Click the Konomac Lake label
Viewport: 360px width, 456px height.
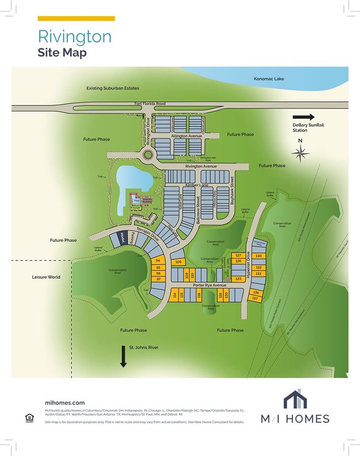coord(269,79)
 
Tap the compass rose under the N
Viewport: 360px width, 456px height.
coord(300,153)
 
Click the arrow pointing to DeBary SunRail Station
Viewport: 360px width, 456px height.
coord(304,117)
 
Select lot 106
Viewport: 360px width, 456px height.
coord(178,262)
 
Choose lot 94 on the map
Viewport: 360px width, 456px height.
coord(158,261)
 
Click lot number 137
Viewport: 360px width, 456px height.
coord(255,299)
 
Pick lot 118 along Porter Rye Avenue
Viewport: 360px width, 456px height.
coord(199,296)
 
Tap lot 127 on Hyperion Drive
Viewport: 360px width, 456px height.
coord(238,255)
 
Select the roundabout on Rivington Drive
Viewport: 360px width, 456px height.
coord(148,155)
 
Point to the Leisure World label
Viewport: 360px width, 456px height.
coord(46,277)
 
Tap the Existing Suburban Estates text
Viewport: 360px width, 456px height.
coord(113,88)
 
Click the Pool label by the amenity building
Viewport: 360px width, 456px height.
coord(136,201)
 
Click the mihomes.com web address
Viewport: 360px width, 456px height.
coord(65,403)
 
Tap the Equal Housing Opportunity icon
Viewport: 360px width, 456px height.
coord(30,418)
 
